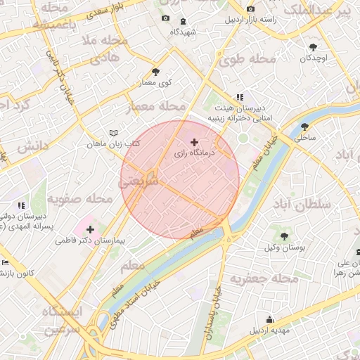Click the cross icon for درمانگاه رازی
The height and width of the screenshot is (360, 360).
195,142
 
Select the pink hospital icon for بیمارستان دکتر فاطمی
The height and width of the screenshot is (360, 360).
90,229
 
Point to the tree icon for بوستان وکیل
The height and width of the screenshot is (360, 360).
284,236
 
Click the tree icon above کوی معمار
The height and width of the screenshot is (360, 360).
155,72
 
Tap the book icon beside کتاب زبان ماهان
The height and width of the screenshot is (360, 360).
114,132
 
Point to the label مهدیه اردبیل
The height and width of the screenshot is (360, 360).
269,329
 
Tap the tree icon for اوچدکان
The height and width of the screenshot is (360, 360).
313,47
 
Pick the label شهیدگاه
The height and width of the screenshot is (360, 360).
184,32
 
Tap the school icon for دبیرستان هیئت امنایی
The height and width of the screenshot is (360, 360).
240,97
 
